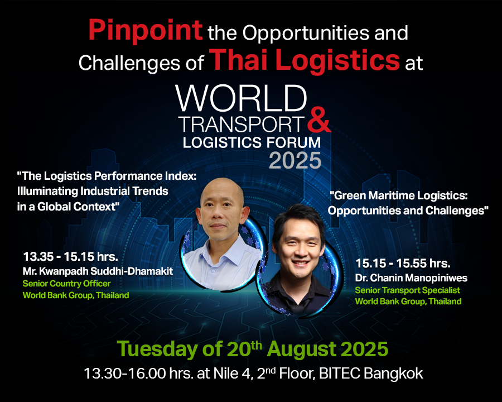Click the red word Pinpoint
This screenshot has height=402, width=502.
click(146, 31)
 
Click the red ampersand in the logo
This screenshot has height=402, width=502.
click(319, 120)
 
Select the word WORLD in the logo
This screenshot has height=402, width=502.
click(241, 98)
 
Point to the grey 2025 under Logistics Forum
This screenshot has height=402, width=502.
click(295, 160)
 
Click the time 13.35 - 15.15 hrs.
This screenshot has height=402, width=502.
click(70, 257)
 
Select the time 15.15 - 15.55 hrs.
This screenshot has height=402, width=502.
click(403, 264)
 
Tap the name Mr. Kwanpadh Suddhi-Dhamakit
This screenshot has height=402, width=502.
click(98, 271)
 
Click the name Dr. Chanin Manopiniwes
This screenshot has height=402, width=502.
click(411, 278)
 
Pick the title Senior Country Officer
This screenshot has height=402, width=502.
click(66, 284)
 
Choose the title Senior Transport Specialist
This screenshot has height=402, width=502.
click(408, 290)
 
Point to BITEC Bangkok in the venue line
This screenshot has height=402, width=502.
click(371, 374)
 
